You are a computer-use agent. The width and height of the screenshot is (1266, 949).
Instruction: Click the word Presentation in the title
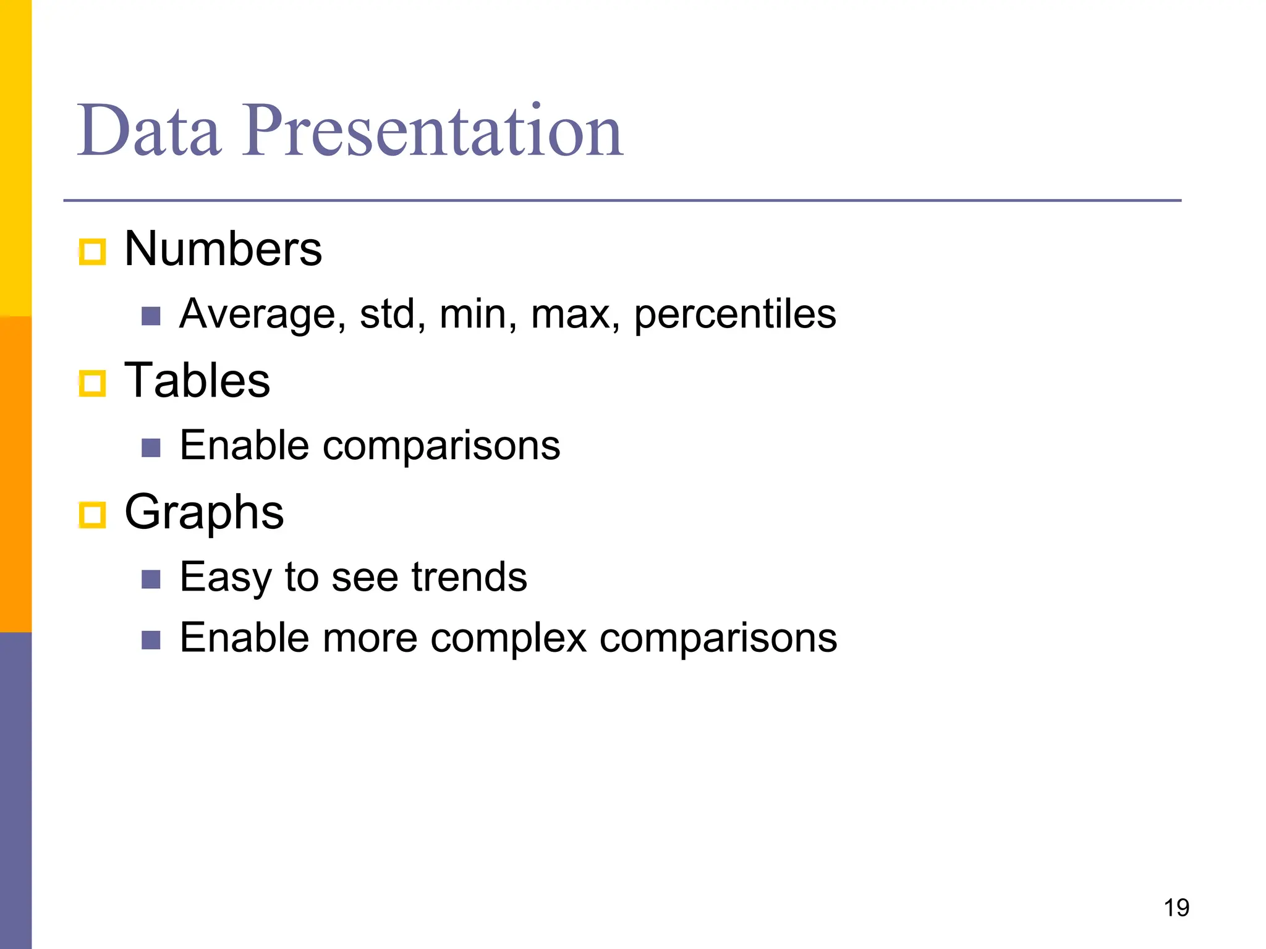pyautogui.click(x=433, y=131)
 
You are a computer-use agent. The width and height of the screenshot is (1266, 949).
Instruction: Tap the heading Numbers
pyautogui.click(x=223, y=249)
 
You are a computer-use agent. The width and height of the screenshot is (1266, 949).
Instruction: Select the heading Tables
pyautogui.click(x=197, y=381)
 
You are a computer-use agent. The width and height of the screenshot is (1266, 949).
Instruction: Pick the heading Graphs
pyautogui.click(x=204, y=512)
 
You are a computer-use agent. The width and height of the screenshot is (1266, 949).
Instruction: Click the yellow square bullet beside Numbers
pyautogui.click(x=93, y=252)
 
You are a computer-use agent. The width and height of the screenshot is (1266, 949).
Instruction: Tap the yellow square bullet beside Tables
pyautogui.click(x=93, y=384)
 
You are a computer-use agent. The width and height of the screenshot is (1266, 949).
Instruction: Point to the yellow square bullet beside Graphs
pyautogui.click(x=93, y=515)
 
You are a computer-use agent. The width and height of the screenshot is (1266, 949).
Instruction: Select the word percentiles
pyautogui.click(x=735, y=314)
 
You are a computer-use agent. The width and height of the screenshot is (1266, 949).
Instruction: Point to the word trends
pyautogui.click(x=469, y=577)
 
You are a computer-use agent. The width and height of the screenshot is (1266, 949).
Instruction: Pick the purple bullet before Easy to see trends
pyautogui.click(x=151, y=580)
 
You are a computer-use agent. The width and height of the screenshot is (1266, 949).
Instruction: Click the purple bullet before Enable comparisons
pyautogui.click(x=151, y=448)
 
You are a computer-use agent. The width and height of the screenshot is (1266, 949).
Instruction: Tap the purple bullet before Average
pyautogui.click(x=151, y=316)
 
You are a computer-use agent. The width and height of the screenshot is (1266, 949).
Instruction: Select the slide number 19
pyautogui.click(x=1176, y=908)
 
